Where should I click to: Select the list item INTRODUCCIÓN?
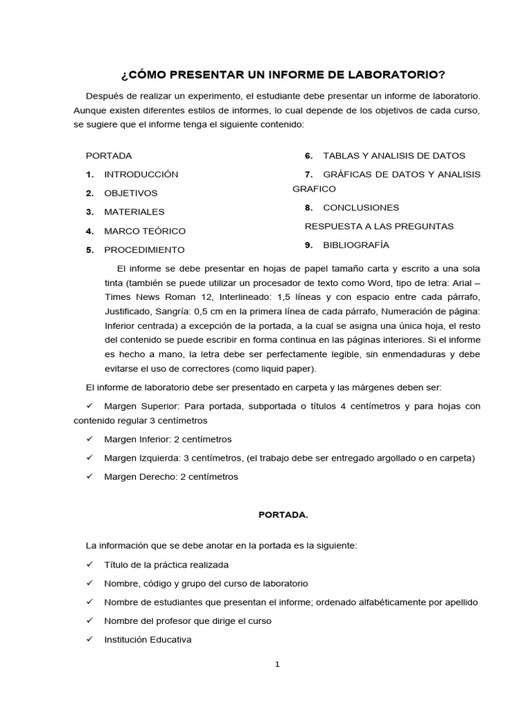tap(141, 174)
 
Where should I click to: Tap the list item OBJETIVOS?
tap(130, 193)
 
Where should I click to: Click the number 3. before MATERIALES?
tap(90, 212)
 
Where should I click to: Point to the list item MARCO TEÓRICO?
tap(144, 231)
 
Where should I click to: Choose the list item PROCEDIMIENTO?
tap(144, 250)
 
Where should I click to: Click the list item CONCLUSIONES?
tap(361, 208)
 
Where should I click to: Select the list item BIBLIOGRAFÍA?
tap(356, 245)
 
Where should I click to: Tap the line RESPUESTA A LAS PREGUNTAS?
tap(379, 226)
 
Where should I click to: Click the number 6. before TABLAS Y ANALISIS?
tap(309, 156)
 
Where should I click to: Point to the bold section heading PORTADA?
tap(278, 514)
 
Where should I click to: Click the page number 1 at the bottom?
tap(277, 665)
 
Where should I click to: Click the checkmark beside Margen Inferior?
tap(90, 439)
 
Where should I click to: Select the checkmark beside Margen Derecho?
tap(90, 476)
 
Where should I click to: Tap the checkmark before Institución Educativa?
tap(90, 639)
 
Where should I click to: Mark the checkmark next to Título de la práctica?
tap(90, 564)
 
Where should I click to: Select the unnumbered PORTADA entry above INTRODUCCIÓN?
tap(108, 156)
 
